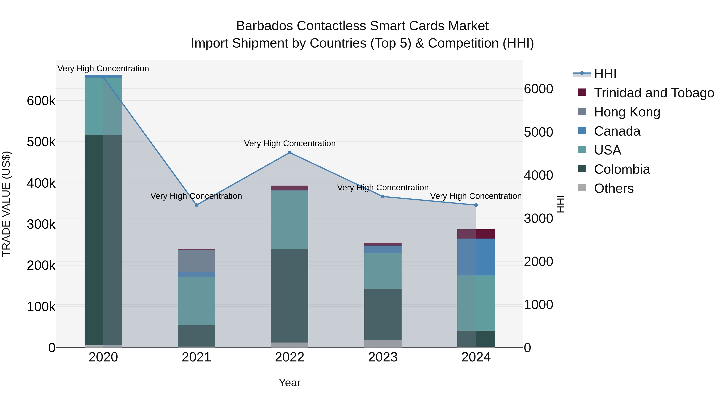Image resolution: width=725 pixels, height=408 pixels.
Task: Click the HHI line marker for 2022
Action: tap(290, 153)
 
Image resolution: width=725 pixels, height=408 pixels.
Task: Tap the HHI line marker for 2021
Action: tap(196, 205)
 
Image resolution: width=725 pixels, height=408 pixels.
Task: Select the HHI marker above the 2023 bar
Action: tap(383, 196)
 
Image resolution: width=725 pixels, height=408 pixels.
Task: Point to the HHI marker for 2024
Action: tap(476, 205)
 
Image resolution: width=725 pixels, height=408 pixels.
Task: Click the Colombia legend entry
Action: tap(622, 169)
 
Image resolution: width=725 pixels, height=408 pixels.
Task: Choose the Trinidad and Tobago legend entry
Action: tap(654, 93)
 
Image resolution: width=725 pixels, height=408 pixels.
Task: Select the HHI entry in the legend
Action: tap(605, 74)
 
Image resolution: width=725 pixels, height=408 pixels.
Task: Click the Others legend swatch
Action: tap(582, 188)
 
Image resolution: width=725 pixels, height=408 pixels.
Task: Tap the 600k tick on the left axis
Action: tap(41, 101)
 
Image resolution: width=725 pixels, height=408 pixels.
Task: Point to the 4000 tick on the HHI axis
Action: tap(538, 175)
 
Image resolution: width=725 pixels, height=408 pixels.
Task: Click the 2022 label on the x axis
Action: tap(290, 357)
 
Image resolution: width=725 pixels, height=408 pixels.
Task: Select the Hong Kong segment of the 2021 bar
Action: tap(196, 261)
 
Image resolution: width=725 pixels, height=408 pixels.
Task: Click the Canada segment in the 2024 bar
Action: tap(476, 257)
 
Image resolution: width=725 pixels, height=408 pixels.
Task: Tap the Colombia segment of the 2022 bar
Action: tap(290, 296)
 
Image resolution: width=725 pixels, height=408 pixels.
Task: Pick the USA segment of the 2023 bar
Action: tap(383, 271)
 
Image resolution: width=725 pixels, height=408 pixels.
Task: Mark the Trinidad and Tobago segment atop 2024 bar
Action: tap(476, 234)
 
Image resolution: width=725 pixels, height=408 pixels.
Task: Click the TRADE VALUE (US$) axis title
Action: tap(6, 204)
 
